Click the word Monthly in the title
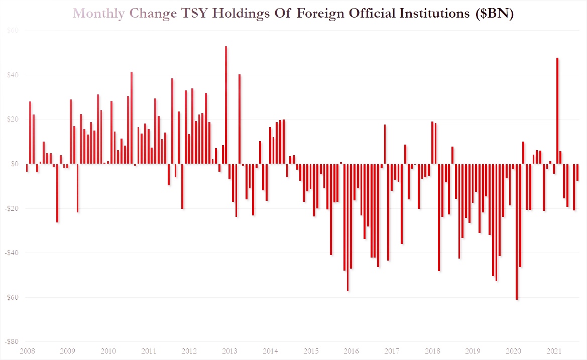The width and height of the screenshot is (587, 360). pos(98,14)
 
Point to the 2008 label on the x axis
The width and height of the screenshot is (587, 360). pos(27,351)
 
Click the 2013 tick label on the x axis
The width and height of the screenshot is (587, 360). pos(229,351)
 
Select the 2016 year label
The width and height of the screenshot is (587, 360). pos(351,351)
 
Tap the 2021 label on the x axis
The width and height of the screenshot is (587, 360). pos(553,351)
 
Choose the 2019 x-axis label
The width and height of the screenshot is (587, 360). pos(473,351)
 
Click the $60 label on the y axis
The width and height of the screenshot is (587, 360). pos(13,31)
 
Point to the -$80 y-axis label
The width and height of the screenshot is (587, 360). pos(12,341)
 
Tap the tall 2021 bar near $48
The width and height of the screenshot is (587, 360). pos(557,110)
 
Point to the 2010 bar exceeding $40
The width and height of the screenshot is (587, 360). pos(132,117)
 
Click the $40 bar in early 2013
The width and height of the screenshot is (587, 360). pos(240,119)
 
